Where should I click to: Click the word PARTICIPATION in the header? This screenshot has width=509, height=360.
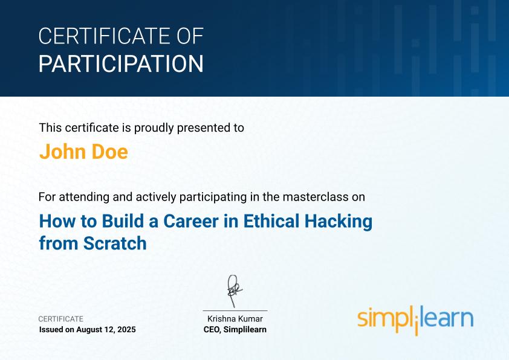(x=121, y=63)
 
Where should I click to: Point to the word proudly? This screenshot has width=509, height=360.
(x=154, y=128)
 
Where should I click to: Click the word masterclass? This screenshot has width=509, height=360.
(x=317, y=197)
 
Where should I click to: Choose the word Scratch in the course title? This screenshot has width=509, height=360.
(x=115, y=243)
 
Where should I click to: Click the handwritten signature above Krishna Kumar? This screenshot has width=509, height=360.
(x=234, y=291)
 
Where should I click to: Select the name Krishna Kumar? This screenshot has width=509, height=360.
(x=235, y=318)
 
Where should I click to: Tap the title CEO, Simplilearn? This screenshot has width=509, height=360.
(x=235, y=329)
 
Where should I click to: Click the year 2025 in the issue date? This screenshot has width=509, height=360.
(x=126, y=329)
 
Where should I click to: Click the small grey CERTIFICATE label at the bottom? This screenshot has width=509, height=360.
(x=60, y=319)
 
